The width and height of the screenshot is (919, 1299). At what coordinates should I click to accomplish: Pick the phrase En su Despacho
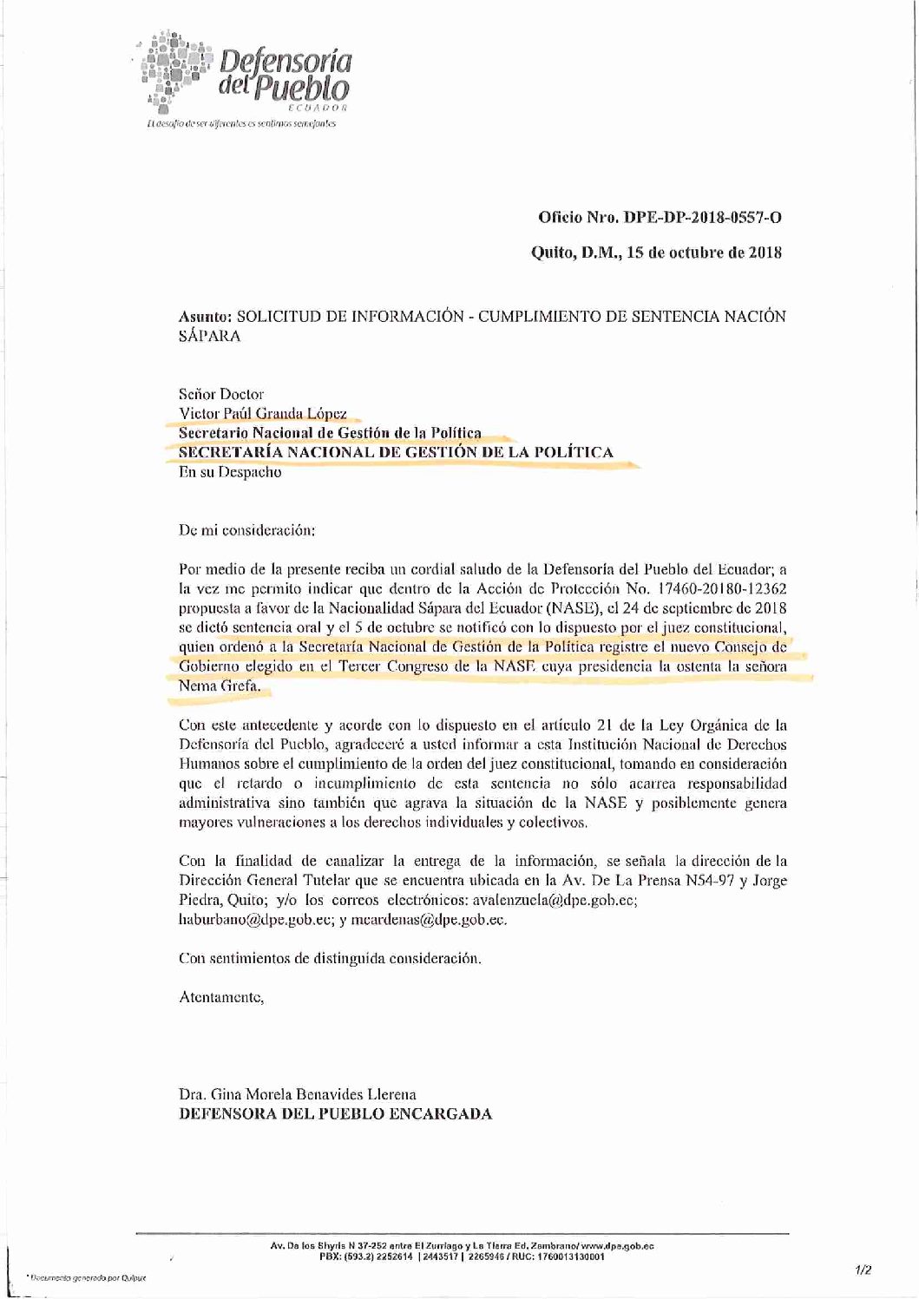coord(229,473)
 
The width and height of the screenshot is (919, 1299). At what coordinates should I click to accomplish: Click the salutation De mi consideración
coord(246,528)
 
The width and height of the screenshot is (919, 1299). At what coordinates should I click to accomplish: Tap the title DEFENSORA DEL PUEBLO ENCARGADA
coord(334,1114)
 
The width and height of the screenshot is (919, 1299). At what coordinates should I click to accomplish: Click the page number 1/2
coord(863,1270)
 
